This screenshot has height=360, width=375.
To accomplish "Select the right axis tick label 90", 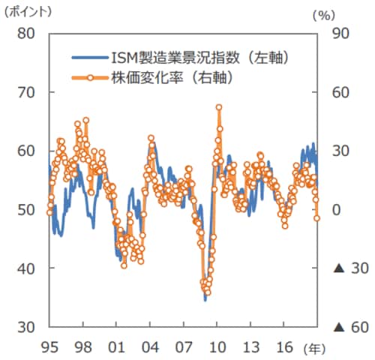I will pos(342,33).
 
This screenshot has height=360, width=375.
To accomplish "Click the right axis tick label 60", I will pos(342,92).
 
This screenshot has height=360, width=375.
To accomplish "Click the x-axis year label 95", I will pos(50,348).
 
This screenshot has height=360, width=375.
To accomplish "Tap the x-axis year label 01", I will pos(116,348).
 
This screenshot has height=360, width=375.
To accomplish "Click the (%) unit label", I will pos(323,13).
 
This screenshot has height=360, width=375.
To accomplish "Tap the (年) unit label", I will pos(314,349).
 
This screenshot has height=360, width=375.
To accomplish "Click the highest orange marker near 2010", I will pos(219,107).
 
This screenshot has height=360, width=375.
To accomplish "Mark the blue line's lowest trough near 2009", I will pos(205,300).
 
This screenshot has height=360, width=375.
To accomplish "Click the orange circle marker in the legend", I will pos(90,76).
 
